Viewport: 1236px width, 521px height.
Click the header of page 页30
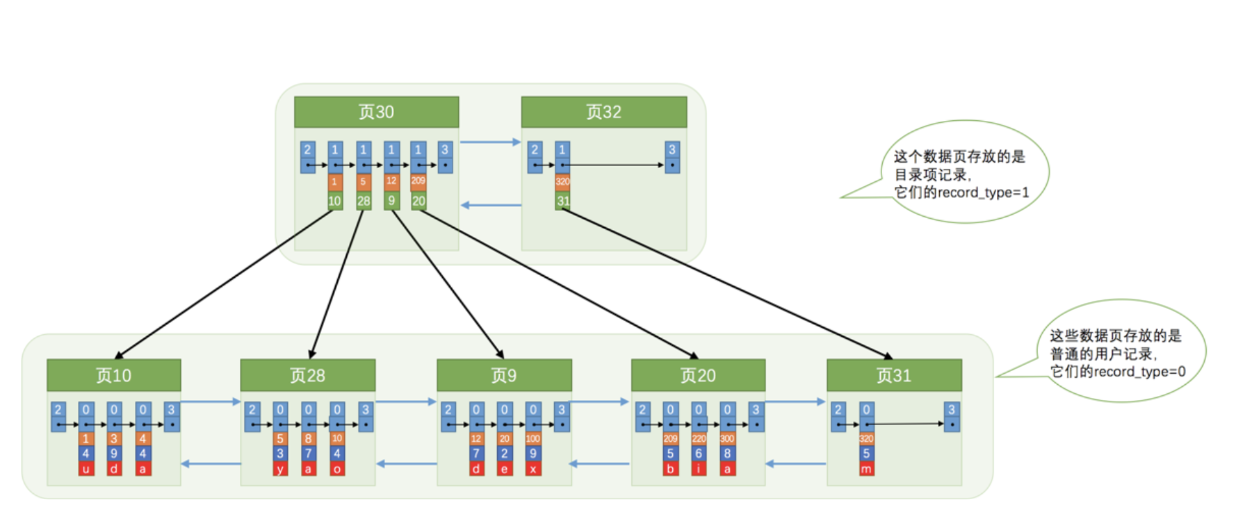tap(376, 112)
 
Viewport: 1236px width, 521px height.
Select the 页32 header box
tap(603, 112)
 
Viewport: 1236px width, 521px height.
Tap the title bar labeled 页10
tap(113, 375)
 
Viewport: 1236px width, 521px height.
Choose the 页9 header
tap(504, 375)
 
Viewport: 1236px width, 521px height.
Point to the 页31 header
tap(894, 375)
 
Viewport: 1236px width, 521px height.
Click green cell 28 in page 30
tap(364, 201)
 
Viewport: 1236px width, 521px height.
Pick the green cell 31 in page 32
tap(562, 201)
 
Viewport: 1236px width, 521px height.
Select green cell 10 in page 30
tap(334, 201)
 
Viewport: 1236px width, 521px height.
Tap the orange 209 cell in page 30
tap(418, 181)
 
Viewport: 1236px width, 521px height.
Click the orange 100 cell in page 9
tap(532, 438)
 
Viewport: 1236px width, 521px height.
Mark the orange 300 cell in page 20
tap(727, 438)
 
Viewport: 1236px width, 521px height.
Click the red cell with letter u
tap(86, 469)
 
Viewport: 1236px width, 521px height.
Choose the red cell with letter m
tap(866, 469)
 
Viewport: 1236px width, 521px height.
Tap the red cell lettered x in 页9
tap(532, 469)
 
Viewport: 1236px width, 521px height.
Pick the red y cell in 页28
tap(279, 469)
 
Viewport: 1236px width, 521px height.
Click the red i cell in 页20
tap(699, 469)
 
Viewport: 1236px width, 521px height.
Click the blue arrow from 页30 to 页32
tap(490, 142)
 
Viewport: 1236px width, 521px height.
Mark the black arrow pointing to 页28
tap(337, 285)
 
